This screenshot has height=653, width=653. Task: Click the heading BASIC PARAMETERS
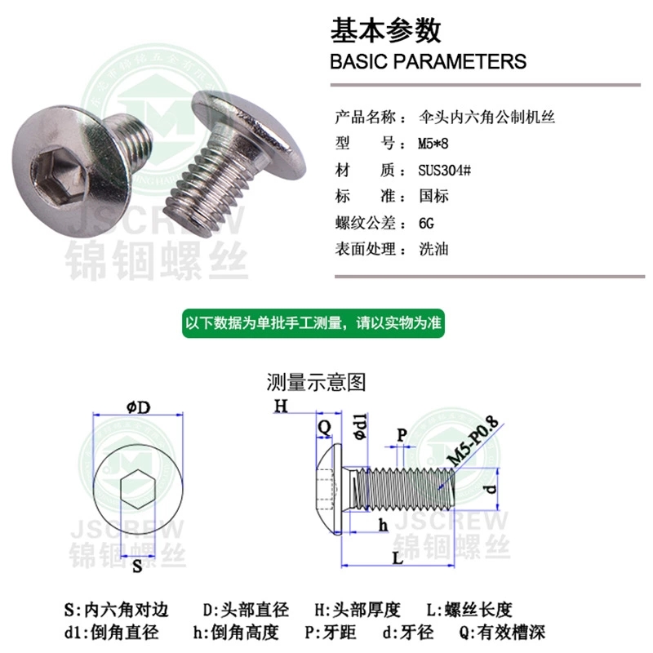click(428, 61)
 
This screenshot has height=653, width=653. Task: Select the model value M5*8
click(433, 144)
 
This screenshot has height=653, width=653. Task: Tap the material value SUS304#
click(444, 171)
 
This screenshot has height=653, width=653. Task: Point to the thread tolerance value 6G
click(426, 223)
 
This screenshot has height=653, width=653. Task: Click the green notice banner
click(313, 323)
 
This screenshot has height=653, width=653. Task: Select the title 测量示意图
click(316, 382)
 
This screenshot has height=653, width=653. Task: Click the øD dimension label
click(138, 406)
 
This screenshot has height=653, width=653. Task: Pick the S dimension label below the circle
click(137, 566)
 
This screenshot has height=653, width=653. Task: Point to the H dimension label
click(281, 405)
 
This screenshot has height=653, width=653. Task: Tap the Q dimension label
click(324, 426)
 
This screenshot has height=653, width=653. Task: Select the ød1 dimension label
click(361, 426)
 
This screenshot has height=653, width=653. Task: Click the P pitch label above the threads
click(402, 434)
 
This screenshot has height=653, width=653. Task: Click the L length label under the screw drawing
click(398, 558)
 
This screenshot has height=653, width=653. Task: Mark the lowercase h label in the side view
click(383, 525)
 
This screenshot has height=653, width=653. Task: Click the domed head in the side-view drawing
click(330, 489)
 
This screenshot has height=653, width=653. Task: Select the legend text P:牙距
click(331, 632)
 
